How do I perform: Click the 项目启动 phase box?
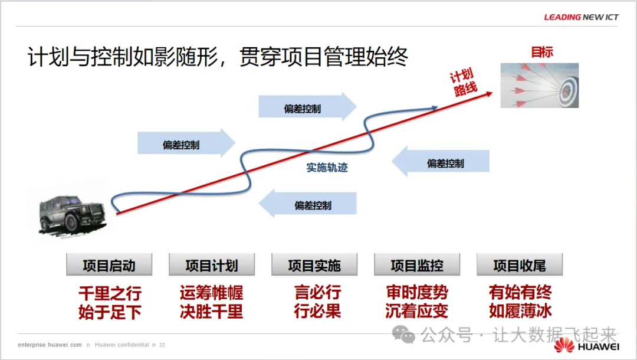109,265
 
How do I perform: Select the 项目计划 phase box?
212,265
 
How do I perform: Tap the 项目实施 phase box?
314,265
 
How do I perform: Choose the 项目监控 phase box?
417,265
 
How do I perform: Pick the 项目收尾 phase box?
520,265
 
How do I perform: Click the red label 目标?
542,52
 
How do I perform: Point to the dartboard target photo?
539,86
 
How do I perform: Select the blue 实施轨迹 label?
327,168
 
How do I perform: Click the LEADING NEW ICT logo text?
581,17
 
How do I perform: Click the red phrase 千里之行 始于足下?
110,302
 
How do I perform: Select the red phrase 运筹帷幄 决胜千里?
212,302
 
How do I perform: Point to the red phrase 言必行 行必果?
317,302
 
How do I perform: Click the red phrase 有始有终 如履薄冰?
520,302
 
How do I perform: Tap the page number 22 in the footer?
162,345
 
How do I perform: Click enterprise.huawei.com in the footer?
50,345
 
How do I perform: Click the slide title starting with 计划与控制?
218,57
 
